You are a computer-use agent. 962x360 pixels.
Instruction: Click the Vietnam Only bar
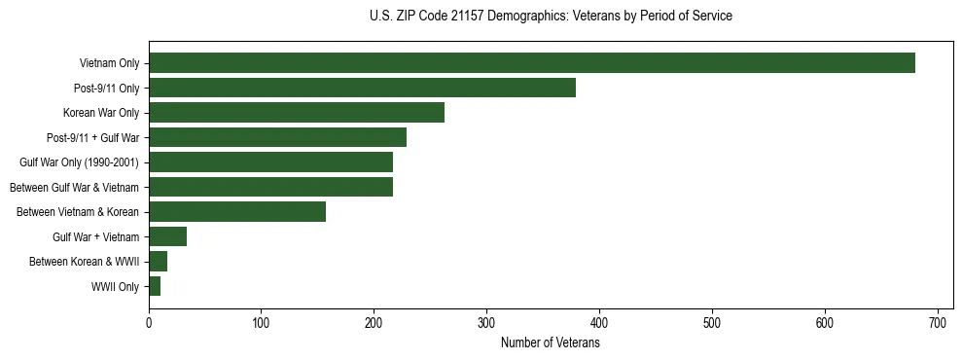531,63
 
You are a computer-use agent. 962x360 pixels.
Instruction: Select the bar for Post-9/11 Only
362,88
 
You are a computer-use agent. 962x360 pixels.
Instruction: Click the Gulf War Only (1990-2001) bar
270,162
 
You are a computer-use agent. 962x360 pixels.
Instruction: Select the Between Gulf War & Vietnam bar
270,187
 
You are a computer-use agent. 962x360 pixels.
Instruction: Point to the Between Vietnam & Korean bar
237,212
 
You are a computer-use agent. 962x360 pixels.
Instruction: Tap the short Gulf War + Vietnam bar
167,236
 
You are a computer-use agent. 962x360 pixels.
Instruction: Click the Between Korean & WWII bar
158,261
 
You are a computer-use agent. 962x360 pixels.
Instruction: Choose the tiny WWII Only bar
155,286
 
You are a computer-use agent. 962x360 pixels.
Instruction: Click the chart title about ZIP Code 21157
551,17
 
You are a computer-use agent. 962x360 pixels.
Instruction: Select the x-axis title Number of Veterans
551,342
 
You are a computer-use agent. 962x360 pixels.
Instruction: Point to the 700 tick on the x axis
938,322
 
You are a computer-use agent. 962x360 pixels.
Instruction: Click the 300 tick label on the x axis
486,322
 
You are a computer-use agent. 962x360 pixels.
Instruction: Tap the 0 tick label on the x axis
149,322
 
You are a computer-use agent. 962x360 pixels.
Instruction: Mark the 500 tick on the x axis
712,322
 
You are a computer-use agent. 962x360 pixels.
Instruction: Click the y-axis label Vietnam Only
109,64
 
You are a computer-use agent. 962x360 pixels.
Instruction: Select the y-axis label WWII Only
115,287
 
